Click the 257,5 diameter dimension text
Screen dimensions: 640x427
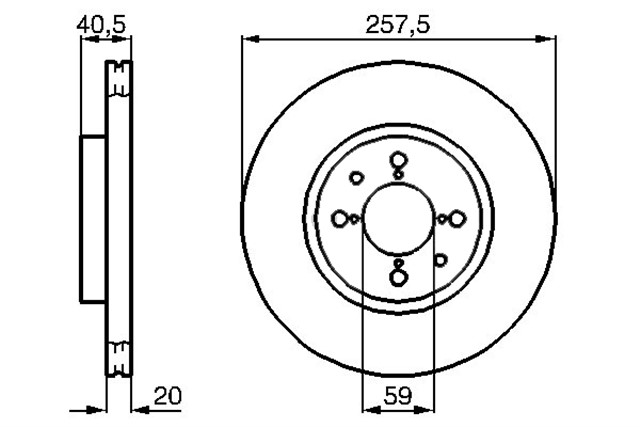pyautogui.click(x=398, y=25)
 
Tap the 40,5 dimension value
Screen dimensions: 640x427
pyautogui.click(x=101, y=25)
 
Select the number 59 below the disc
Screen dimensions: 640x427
pyautogui.click(x=398, y=395)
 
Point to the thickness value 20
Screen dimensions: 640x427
pyautogui.click(x=167, y=395)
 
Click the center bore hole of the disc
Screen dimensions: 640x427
pyautogui.click(x=399, y=218)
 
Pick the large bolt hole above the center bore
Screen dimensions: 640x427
pyautogui.click(x=398, y=160)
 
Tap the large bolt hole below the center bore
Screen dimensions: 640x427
pyautogui.click(x=398, y=278)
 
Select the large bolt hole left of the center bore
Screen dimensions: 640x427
pyautogui.click(x=340, y=218)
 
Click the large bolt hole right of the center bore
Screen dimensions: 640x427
pyautogui.click(x=457, y=219)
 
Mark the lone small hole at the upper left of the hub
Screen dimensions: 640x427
pyautogui.click(x=357, y=178)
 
